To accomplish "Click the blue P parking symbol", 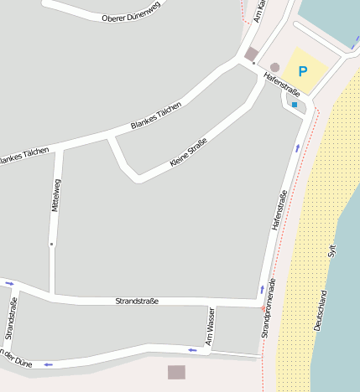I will pyautogui.click(x=303, y=72).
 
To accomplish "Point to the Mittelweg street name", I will pyautogui.click(x=56, y=196).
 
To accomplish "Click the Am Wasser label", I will pyautogui.click(x=210, y=326).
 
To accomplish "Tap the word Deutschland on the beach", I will pyautogui.click(x=321, y=311).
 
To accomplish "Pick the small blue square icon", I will pyautogui.click(x=295, y=105).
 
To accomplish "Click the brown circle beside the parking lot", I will pyautogui.click(x=274, y=67).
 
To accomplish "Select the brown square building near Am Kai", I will pyautogui.click(x=251, y=54).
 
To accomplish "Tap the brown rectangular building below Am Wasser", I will pyautogui.click(x=176, y=372).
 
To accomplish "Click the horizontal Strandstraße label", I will pyautogui.click(x=137, y=301).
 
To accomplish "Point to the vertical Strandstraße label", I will pyautogui.click(x=10, y=324).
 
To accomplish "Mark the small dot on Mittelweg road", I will pyautogui.click(x=51, y=244).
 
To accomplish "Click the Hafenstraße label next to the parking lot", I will pyautogui.click(x=281, y=85).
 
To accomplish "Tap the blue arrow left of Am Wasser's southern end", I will pyautogui.click(x=192, y=349).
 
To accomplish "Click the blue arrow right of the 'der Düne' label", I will pyautogui.click(x=48, y=364).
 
